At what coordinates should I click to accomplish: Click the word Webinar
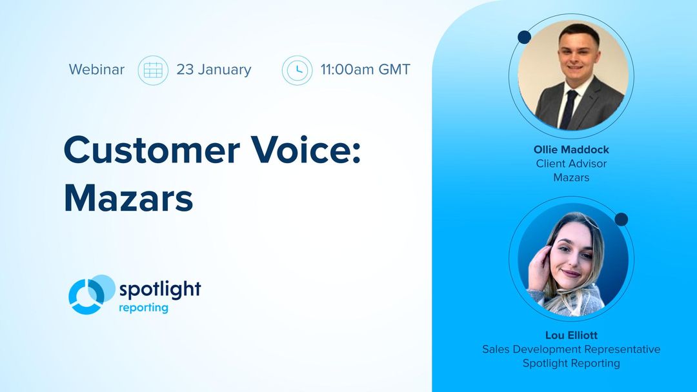pos(97,70)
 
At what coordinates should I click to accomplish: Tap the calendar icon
pos(153,70)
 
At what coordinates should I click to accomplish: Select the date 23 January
pos(214,70)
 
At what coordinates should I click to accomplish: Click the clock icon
pos(297,70)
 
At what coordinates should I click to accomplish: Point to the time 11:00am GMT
pos(365,70)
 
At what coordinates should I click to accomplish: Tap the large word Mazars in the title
pos(128,199)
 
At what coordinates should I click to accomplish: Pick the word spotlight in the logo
pos(159,289)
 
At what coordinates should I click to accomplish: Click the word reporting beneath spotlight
pos(143,308)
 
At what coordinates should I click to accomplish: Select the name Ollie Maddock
pos(571,150)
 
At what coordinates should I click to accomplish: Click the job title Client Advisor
pos(571,163)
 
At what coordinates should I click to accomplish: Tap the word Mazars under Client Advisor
pos(571,177)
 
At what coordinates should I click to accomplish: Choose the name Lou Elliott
pos(571,335)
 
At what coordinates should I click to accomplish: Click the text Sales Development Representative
pos(571,349)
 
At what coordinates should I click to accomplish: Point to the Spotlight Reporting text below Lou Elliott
pos(571,363)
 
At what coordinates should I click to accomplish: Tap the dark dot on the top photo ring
pos(524,37)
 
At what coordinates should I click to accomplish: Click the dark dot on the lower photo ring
pos(621,219)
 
